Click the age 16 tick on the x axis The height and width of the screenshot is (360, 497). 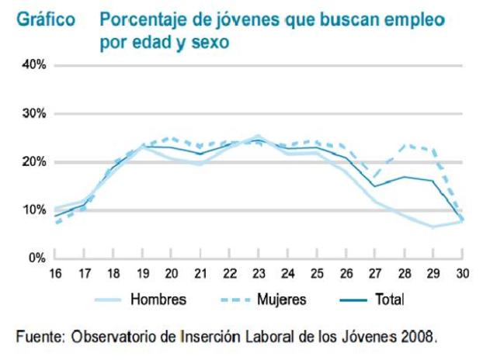point(55,274)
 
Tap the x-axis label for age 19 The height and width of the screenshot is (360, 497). point(142,274)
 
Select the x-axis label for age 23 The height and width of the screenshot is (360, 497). point(259,274)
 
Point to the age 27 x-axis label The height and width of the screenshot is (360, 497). point(375,274)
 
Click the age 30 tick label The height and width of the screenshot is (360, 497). point(462,274)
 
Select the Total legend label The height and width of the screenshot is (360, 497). point(388,299)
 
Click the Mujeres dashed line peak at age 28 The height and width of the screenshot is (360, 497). point(404,144)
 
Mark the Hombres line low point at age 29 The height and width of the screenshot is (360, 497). point(433,227)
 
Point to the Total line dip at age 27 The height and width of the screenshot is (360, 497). point(375,186)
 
